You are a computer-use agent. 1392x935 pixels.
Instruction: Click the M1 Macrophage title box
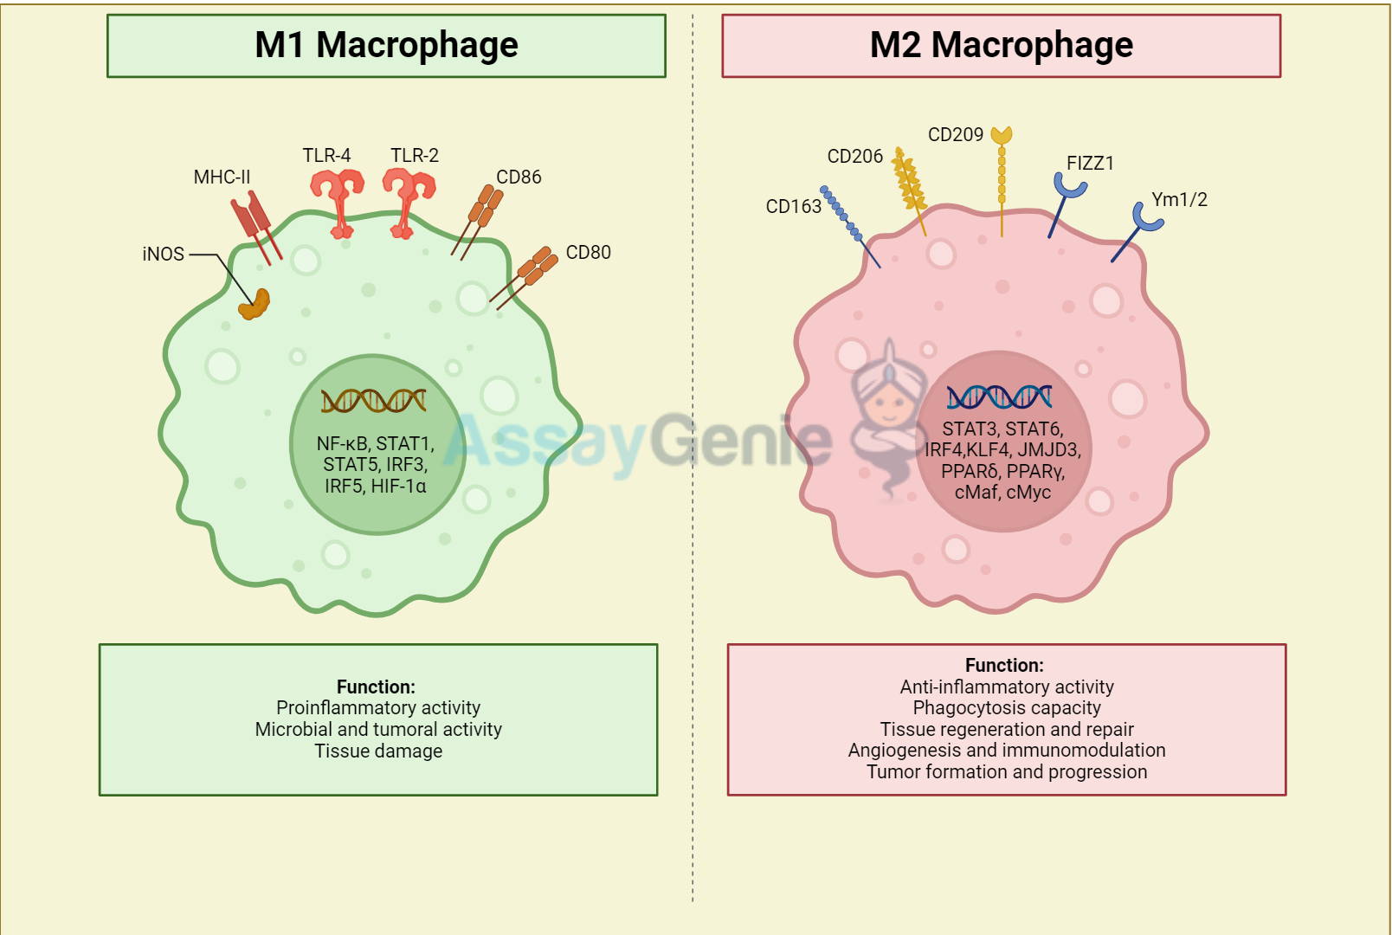click(x=386, y=46)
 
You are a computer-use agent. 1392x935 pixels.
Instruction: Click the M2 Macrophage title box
click(x=1001, y=46)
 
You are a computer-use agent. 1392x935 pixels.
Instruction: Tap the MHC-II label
click(x=222, y=177)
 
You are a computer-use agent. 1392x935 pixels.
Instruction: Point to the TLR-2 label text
click(x=415, y=156)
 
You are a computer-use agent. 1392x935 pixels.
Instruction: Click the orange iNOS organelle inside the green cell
click(x=255, y=305)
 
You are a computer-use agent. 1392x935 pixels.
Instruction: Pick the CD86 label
click(x=519, y=177)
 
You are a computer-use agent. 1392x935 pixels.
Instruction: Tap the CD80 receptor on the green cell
click(x=530, y=273)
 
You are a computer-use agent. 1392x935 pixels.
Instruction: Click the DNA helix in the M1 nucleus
click(x=374, y=400)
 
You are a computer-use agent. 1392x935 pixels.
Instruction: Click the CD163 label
click(x=793, y=207)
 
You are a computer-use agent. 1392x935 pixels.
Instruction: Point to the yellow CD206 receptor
click(x=909, y=186)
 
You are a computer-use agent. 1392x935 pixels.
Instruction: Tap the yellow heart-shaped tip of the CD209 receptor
click(x=1002, y=136)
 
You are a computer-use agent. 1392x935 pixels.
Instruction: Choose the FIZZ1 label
click(x=1090, y=164)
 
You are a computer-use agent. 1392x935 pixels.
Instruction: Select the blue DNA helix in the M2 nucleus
click(x=999, y=397)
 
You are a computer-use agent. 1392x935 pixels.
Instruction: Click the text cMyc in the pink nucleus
click(x=1028, y=493)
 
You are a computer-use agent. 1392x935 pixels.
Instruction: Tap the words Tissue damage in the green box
click(x=378, y=751)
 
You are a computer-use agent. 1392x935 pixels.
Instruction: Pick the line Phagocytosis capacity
click(x=1007, y=708)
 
